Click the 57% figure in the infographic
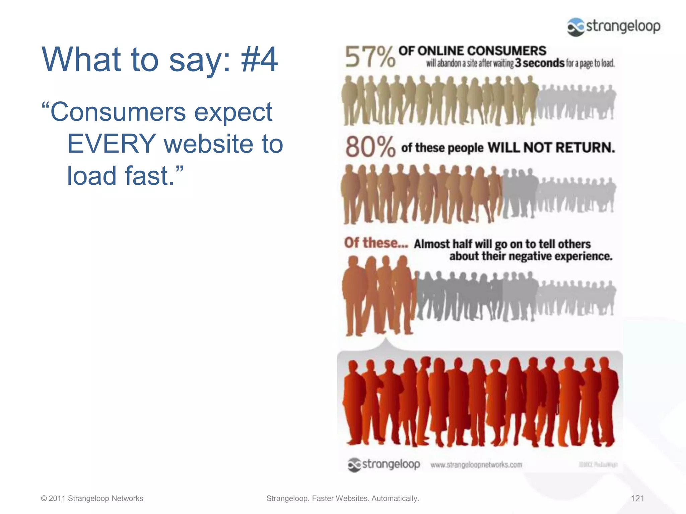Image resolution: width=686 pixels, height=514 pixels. [370, 57]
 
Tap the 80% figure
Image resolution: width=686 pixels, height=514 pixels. [370, 147]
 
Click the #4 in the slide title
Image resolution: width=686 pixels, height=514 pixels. [259, 59]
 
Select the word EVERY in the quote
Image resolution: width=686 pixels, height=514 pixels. [112, 144]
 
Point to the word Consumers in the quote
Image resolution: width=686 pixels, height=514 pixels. [118, 112]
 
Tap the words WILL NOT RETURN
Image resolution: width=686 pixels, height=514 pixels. [551, 148]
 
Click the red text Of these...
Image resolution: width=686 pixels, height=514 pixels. [376, 243]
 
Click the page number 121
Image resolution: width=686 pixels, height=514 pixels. [637, 498]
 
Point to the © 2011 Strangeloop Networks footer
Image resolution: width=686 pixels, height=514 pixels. [92, 498]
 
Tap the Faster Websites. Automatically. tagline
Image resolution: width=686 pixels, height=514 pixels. [365, 498]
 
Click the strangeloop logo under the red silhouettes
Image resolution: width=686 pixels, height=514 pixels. [384, 464]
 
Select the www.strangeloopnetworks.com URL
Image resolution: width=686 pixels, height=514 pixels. [476, 465]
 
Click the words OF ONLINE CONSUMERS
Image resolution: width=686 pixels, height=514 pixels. [472, 51]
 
